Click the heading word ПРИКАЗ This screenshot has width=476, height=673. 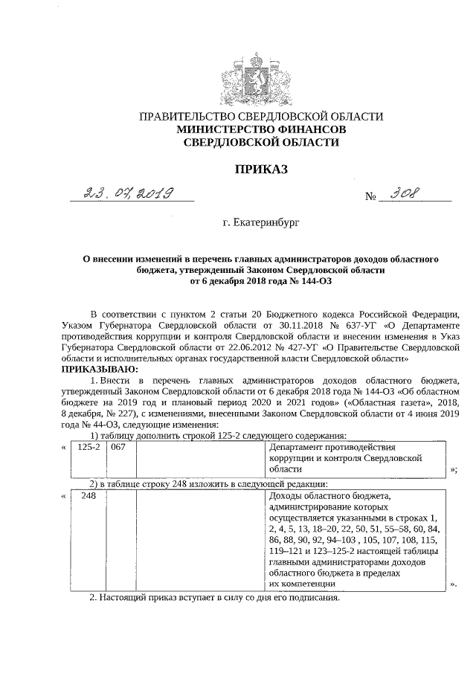pyautogui.click(x=261, y=170)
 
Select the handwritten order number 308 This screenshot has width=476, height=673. pyautogui.click(x=405, y=194)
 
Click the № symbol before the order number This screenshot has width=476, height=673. pyautogui.click(x=370, y=199)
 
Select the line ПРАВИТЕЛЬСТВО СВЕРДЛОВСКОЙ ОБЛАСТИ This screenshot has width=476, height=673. pyautogui.click(x=261, y=117)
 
